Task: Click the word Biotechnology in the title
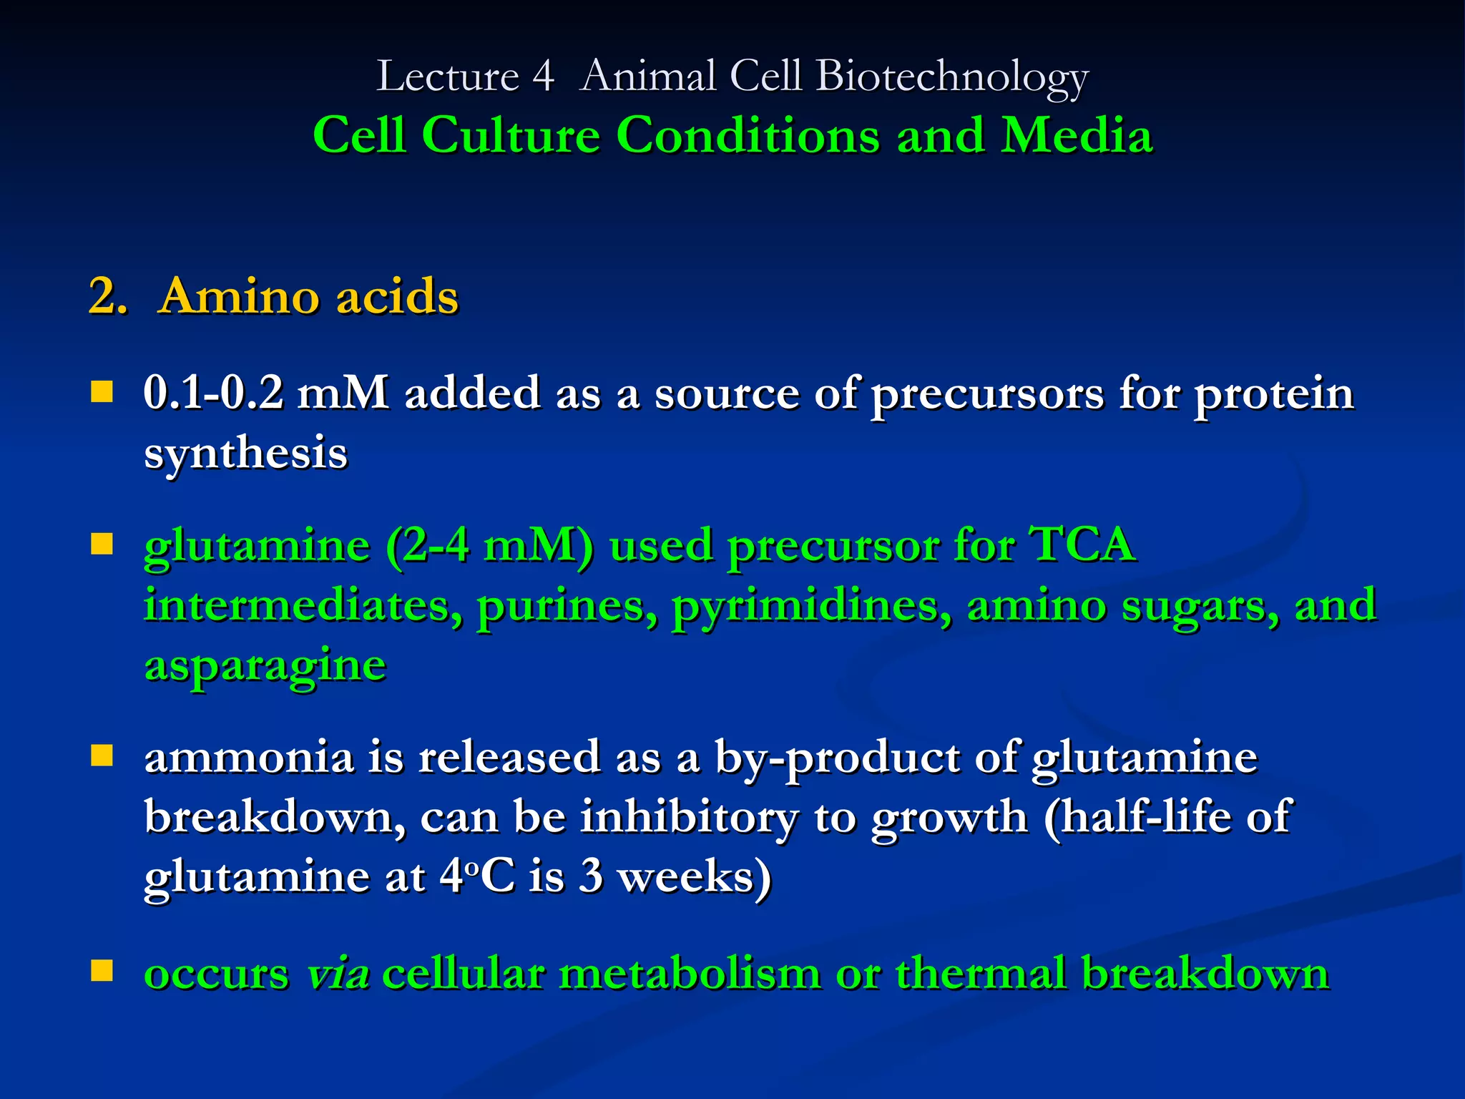click(951, 77)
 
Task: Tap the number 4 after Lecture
click(543, 77)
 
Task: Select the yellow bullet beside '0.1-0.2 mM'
click(102, 391)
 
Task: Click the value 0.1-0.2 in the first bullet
click(213, 393)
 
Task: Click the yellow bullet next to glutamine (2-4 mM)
click(102, 544)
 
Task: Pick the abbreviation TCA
click(1081, 544)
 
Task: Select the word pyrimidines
click(811, 607)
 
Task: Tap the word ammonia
click(249, 757)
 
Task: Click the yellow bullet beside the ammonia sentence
click(102, 756)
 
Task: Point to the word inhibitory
click(688, 816)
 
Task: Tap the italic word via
click(338, 974)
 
